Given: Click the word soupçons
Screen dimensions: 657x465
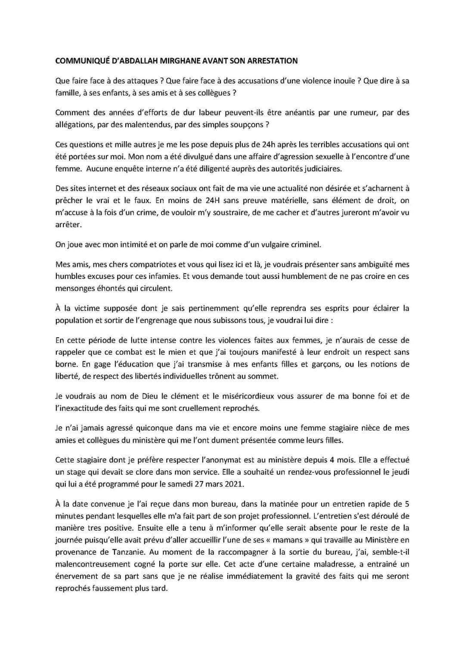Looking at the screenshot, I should [245, 125].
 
